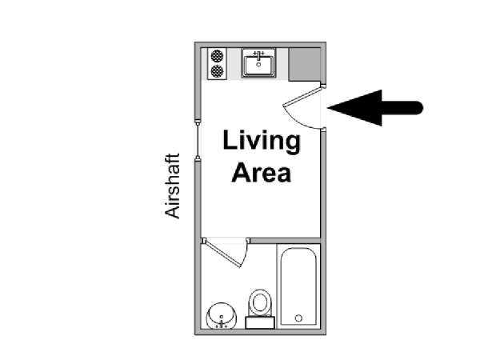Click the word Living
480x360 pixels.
click(262, 142)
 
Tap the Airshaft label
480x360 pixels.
click(172, 186)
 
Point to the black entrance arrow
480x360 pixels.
click(375, 108)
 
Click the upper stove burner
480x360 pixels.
click(217, 56)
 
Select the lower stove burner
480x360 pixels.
click(217, 71)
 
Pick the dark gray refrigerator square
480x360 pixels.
click(305, 64)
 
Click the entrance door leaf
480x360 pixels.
click(302, 96)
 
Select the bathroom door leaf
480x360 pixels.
click(222, 253)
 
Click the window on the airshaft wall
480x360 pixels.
click(198, 139)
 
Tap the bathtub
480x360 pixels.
click(298, 286)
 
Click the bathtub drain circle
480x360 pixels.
click(298, 318)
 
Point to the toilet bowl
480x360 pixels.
click(260, 302)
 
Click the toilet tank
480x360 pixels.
click(260, 322)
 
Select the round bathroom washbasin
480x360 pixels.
click(222, 316)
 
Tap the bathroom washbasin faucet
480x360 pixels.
click(222, 325)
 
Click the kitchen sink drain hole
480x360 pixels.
click(258, 65)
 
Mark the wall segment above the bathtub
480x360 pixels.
click(286, 241)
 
